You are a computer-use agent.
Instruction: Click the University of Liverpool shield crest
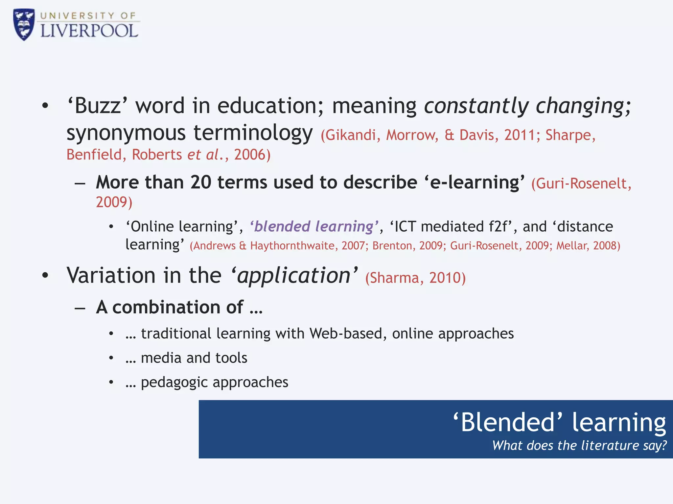(x=24, y=25)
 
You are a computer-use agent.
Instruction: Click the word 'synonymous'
(x=126, y=133)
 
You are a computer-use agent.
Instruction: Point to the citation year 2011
(x=520, y=135)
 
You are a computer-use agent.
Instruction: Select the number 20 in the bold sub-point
(x=200, y=182)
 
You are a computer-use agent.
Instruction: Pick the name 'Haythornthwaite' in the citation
(x=292, y=246)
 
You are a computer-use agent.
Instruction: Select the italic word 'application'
(x=294, y=276)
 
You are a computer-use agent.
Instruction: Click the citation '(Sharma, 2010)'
(x=415, y=278)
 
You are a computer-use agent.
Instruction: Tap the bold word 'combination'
(x=178, y=307)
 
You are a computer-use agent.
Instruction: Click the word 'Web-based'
(x=345, y=334)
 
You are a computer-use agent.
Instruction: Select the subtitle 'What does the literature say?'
(x=579, y=446)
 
